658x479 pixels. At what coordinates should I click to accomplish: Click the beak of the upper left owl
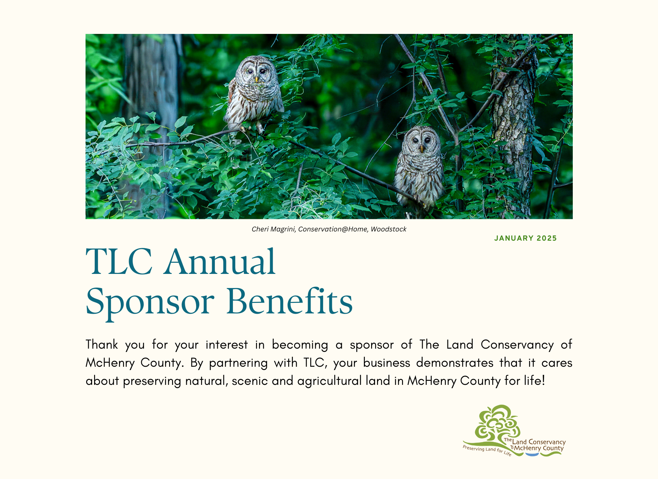tap(256, 79)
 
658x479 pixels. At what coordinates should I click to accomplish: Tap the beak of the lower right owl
tap(421, 149)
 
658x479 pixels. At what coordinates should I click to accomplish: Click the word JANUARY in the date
tap(514, 238)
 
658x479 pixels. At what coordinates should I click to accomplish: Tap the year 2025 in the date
tap(547, 238)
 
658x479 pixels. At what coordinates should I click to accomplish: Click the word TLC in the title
tap(119, 262)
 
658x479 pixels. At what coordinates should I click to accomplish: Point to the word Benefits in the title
tap(290, 301)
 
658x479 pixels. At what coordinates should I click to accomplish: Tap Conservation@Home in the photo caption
tap(333, 229)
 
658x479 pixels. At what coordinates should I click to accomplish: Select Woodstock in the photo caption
tap(389, 229)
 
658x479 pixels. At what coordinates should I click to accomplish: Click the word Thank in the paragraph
tap(102, 345)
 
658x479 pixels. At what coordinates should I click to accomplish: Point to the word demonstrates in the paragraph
tap(455, 363)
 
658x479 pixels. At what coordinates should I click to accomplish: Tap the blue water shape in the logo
tap(532, 454)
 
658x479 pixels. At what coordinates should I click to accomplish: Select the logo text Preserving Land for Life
tap(487, 451)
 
